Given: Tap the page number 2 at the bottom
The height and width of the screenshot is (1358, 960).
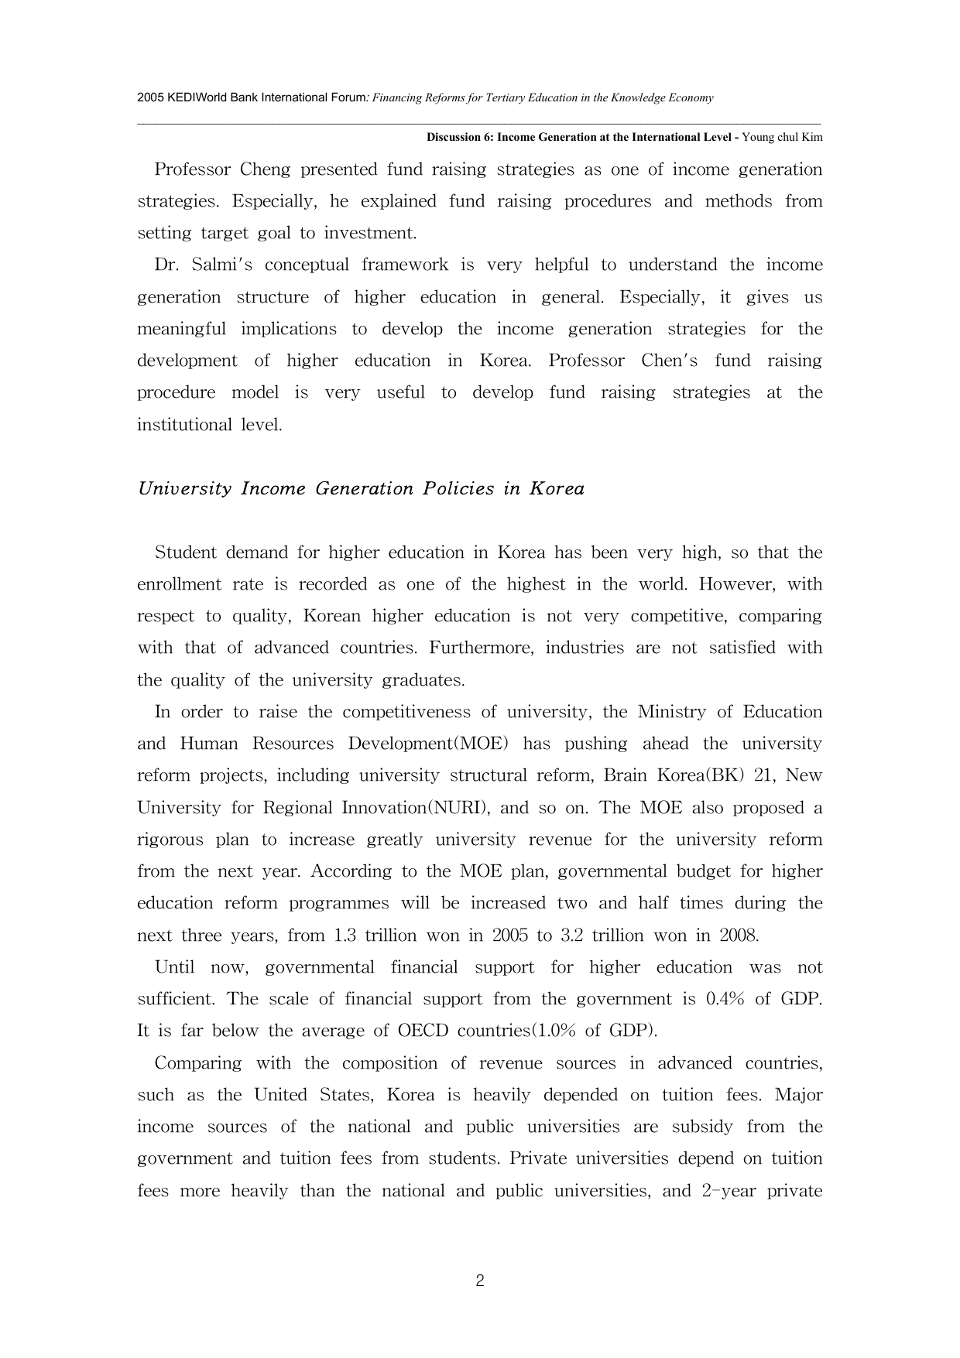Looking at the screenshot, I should point(480,1281).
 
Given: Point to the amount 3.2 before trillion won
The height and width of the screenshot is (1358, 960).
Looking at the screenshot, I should point(571,936).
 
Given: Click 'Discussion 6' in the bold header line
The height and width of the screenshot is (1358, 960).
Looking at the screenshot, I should point(459,138).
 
